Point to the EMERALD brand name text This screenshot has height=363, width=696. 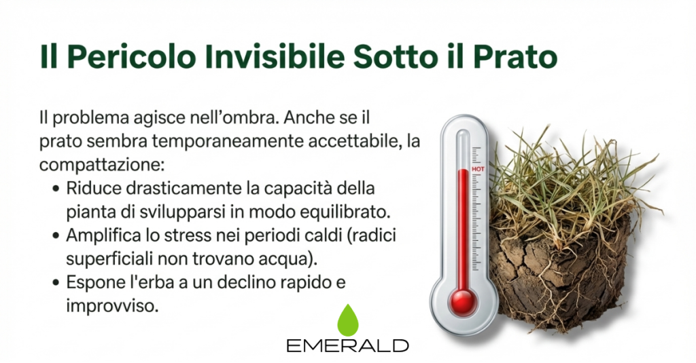point(347,345)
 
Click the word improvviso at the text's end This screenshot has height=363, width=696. point(112,306)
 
